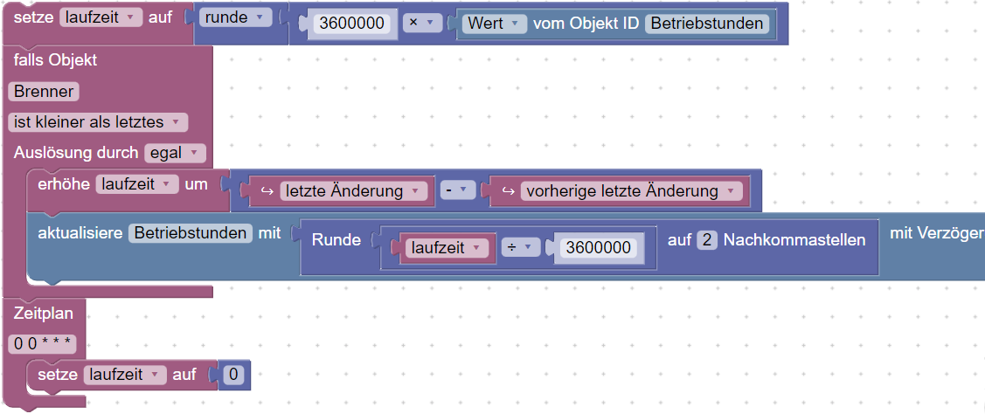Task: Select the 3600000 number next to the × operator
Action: [351, 24]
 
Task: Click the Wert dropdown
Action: [495, 24]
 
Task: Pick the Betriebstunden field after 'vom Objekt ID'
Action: [707, 24]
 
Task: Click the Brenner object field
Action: [44, 92]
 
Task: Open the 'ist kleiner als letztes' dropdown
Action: [97, 122]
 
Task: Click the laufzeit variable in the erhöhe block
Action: [136, 184]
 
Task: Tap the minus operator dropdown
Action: [458, 190]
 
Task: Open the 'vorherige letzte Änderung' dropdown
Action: [631, 190]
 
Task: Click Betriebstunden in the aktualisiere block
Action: [191, 233]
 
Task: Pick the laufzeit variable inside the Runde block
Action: [447, 247]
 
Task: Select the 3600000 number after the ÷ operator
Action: [598, 247]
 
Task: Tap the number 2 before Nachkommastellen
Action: [707, 239]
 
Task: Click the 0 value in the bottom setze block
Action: [233, 375]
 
